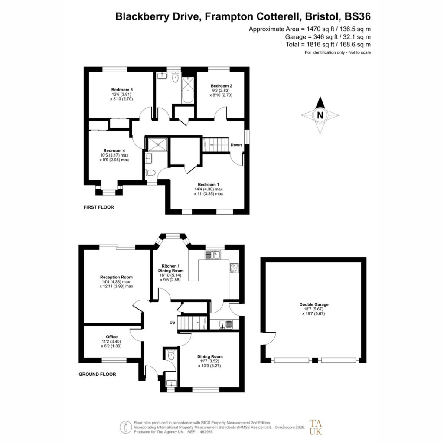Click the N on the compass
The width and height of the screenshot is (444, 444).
point(320,115)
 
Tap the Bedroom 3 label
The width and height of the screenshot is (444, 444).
point(122,90)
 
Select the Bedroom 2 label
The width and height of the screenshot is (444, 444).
point(222,86)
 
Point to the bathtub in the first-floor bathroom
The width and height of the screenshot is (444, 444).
point(188,90)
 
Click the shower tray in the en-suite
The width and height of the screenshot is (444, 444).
point(158,144)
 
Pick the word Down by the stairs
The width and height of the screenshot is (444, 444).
point(236,145)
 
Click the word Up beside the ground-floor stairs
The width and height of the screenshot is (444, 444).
point(172,323)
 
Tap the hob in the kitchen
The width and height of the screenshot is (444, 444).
point(234,268)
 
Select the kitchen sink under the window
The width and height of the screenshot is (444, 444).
point(213,255)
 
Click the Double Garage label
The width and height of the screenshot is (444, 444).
point(314,304)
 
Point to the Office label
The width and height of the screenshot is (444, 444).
point(111,336)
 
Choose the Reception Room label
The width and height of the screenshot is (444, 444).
point(116,277)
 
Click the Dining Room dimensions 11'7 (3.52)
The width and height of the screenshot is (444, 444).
point(209,361)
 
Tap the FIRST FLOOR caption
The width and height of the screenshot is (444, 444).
point(99,207)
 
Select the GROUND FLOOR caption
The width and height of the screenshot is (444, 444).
point(98,374)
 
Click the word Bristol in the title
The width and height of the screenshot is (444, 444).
point(323,16)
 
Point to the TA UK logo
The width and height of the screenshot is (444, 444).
point(316,427)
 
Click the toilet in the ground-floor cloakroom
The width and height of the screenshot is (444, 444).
point(171,356)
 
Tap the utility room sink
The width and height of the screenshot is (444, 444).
point(225,324)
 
